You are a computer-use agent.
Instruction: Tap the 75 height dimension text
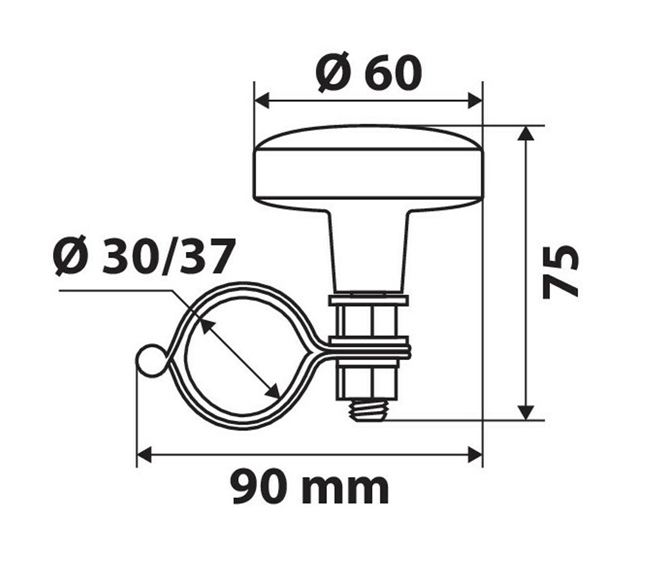coord(561,272)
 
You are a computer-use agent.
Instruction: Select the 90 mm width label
coord(309,488)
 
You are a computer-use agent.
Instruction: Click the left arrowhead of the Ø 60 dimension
coord(262,101)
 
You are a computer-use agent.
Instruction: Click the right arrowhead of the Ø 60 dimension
coord(475,101)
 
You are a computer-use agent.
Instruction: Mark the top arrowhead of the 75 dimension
coord(526,133)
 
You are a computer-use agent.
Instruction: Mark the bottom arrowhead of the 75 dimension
coord(526,412)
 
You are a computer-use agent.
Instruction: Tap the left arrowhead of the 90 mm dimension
coord(144,454)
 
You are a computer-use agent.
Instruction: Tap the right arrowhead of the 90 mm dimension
coord(475,454)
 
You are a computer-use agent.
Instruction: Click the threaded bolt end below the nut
coord(368,411)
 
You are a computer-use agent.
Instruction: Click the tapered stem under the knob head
coord(368,251)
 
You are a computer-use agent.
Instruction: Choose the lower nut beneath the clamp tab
coord(368,380)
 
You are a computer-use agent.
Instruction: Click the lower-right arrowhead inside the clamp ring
coord(273,392)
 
